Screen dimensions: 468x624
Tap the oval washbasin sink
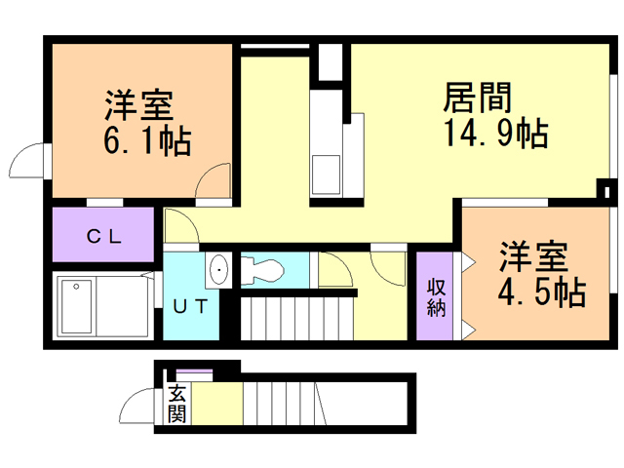tap(219, 269)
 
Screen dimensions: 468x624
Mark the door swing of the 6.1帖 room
tap(214, 182)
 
